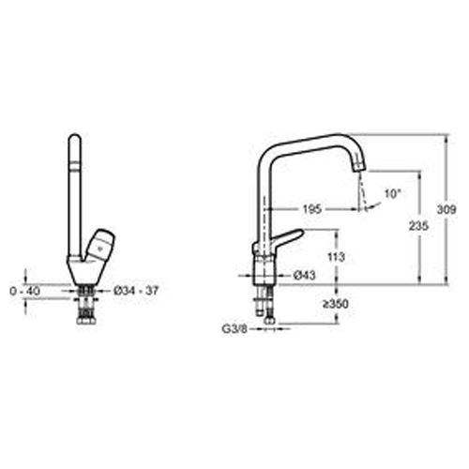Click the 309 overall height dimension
pyautogui.click(x=446, y=209)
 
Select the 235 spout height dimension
pyautogui.click(x=418, y=226)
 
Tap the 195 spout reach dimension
pyautogui.click(x=312, y=209)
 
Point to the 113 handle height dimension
pyautogui.click(x=336, y=257)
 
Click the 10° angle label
pyautogui.click(x=392, y=194)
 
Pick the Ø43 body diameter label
pyautogui.click(x=305, y=275)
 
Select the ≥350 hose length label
pyautogui.click(x=336, y=304)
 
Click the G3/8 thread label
pyautogui.click(x=234, y=329)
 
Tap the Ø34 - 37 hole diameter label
pyautogui.click(x=136, y=291)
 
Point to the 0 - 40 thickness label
pyautogui.click(x=25, y=292)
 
